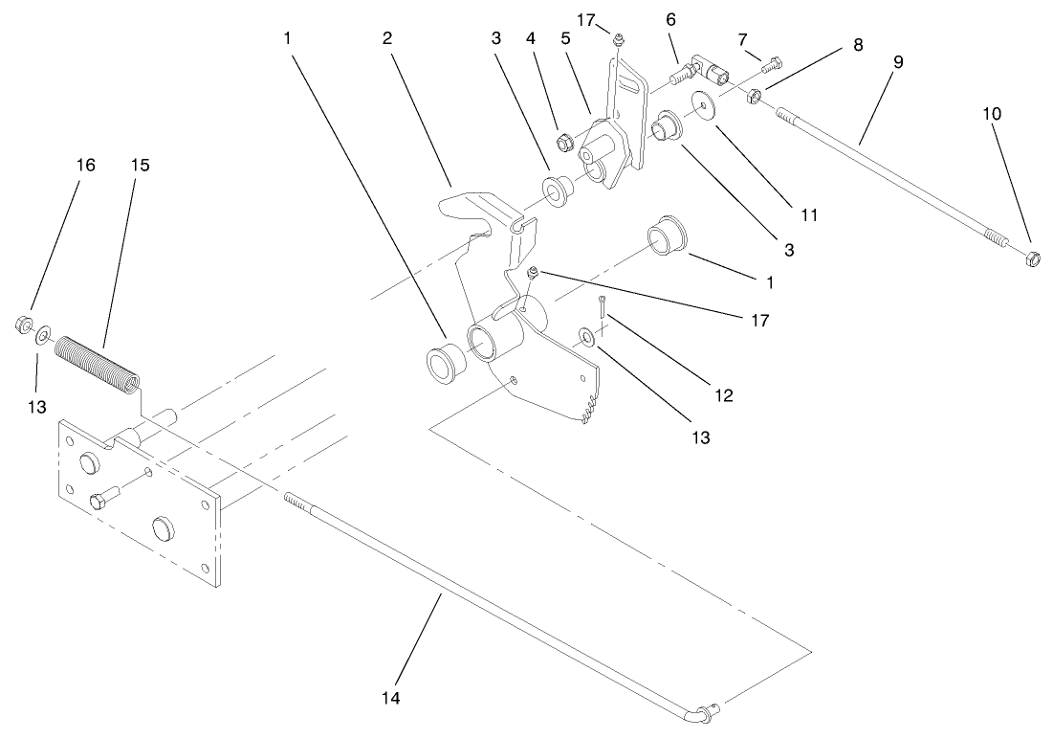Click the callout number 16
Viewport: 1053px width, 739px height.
[85, 165]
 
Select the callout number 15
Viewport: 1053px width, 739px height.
[140, 165]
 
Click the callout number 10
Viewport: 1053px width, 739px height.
[992, 113]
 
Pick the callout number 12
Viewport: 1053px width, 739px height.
[724, 394]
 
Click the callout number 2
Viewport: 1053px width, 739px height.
[386, 38]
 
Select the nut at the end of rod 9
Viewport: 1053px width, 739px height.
[1032, 257]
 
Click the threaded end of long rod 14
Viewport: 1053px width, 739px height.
[298, 502]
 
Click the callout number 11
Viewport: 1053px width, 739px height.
[809, 214]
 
